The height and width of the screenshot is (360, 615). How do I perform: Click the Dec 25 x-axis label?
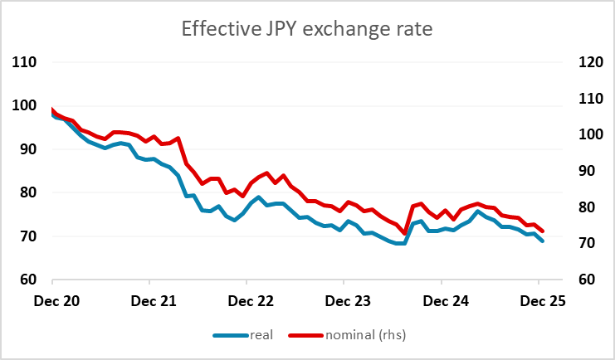click(x=539, y=302)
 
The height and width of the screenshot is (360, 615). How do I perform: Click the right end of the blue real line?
click(x=543, y=241)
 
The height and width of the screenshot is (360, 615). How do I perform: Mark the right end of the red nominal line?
click(x=543, y=231)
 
